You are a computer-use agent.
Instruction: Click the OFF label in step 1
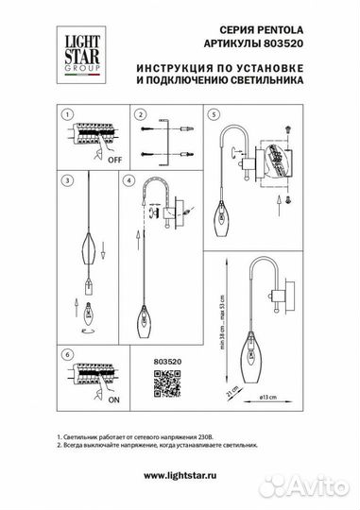click(114, 160)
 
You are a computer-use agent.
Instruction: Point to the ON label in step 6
click(114, 399)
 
